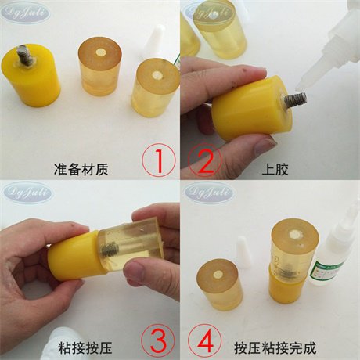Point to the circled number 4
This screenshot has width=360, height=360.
[x=205, y=340]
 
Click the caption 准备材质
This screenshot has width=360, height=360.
[x=94, y=167]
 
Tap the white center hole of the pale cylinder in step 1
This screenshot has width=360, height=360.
[x=155, y=77]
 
